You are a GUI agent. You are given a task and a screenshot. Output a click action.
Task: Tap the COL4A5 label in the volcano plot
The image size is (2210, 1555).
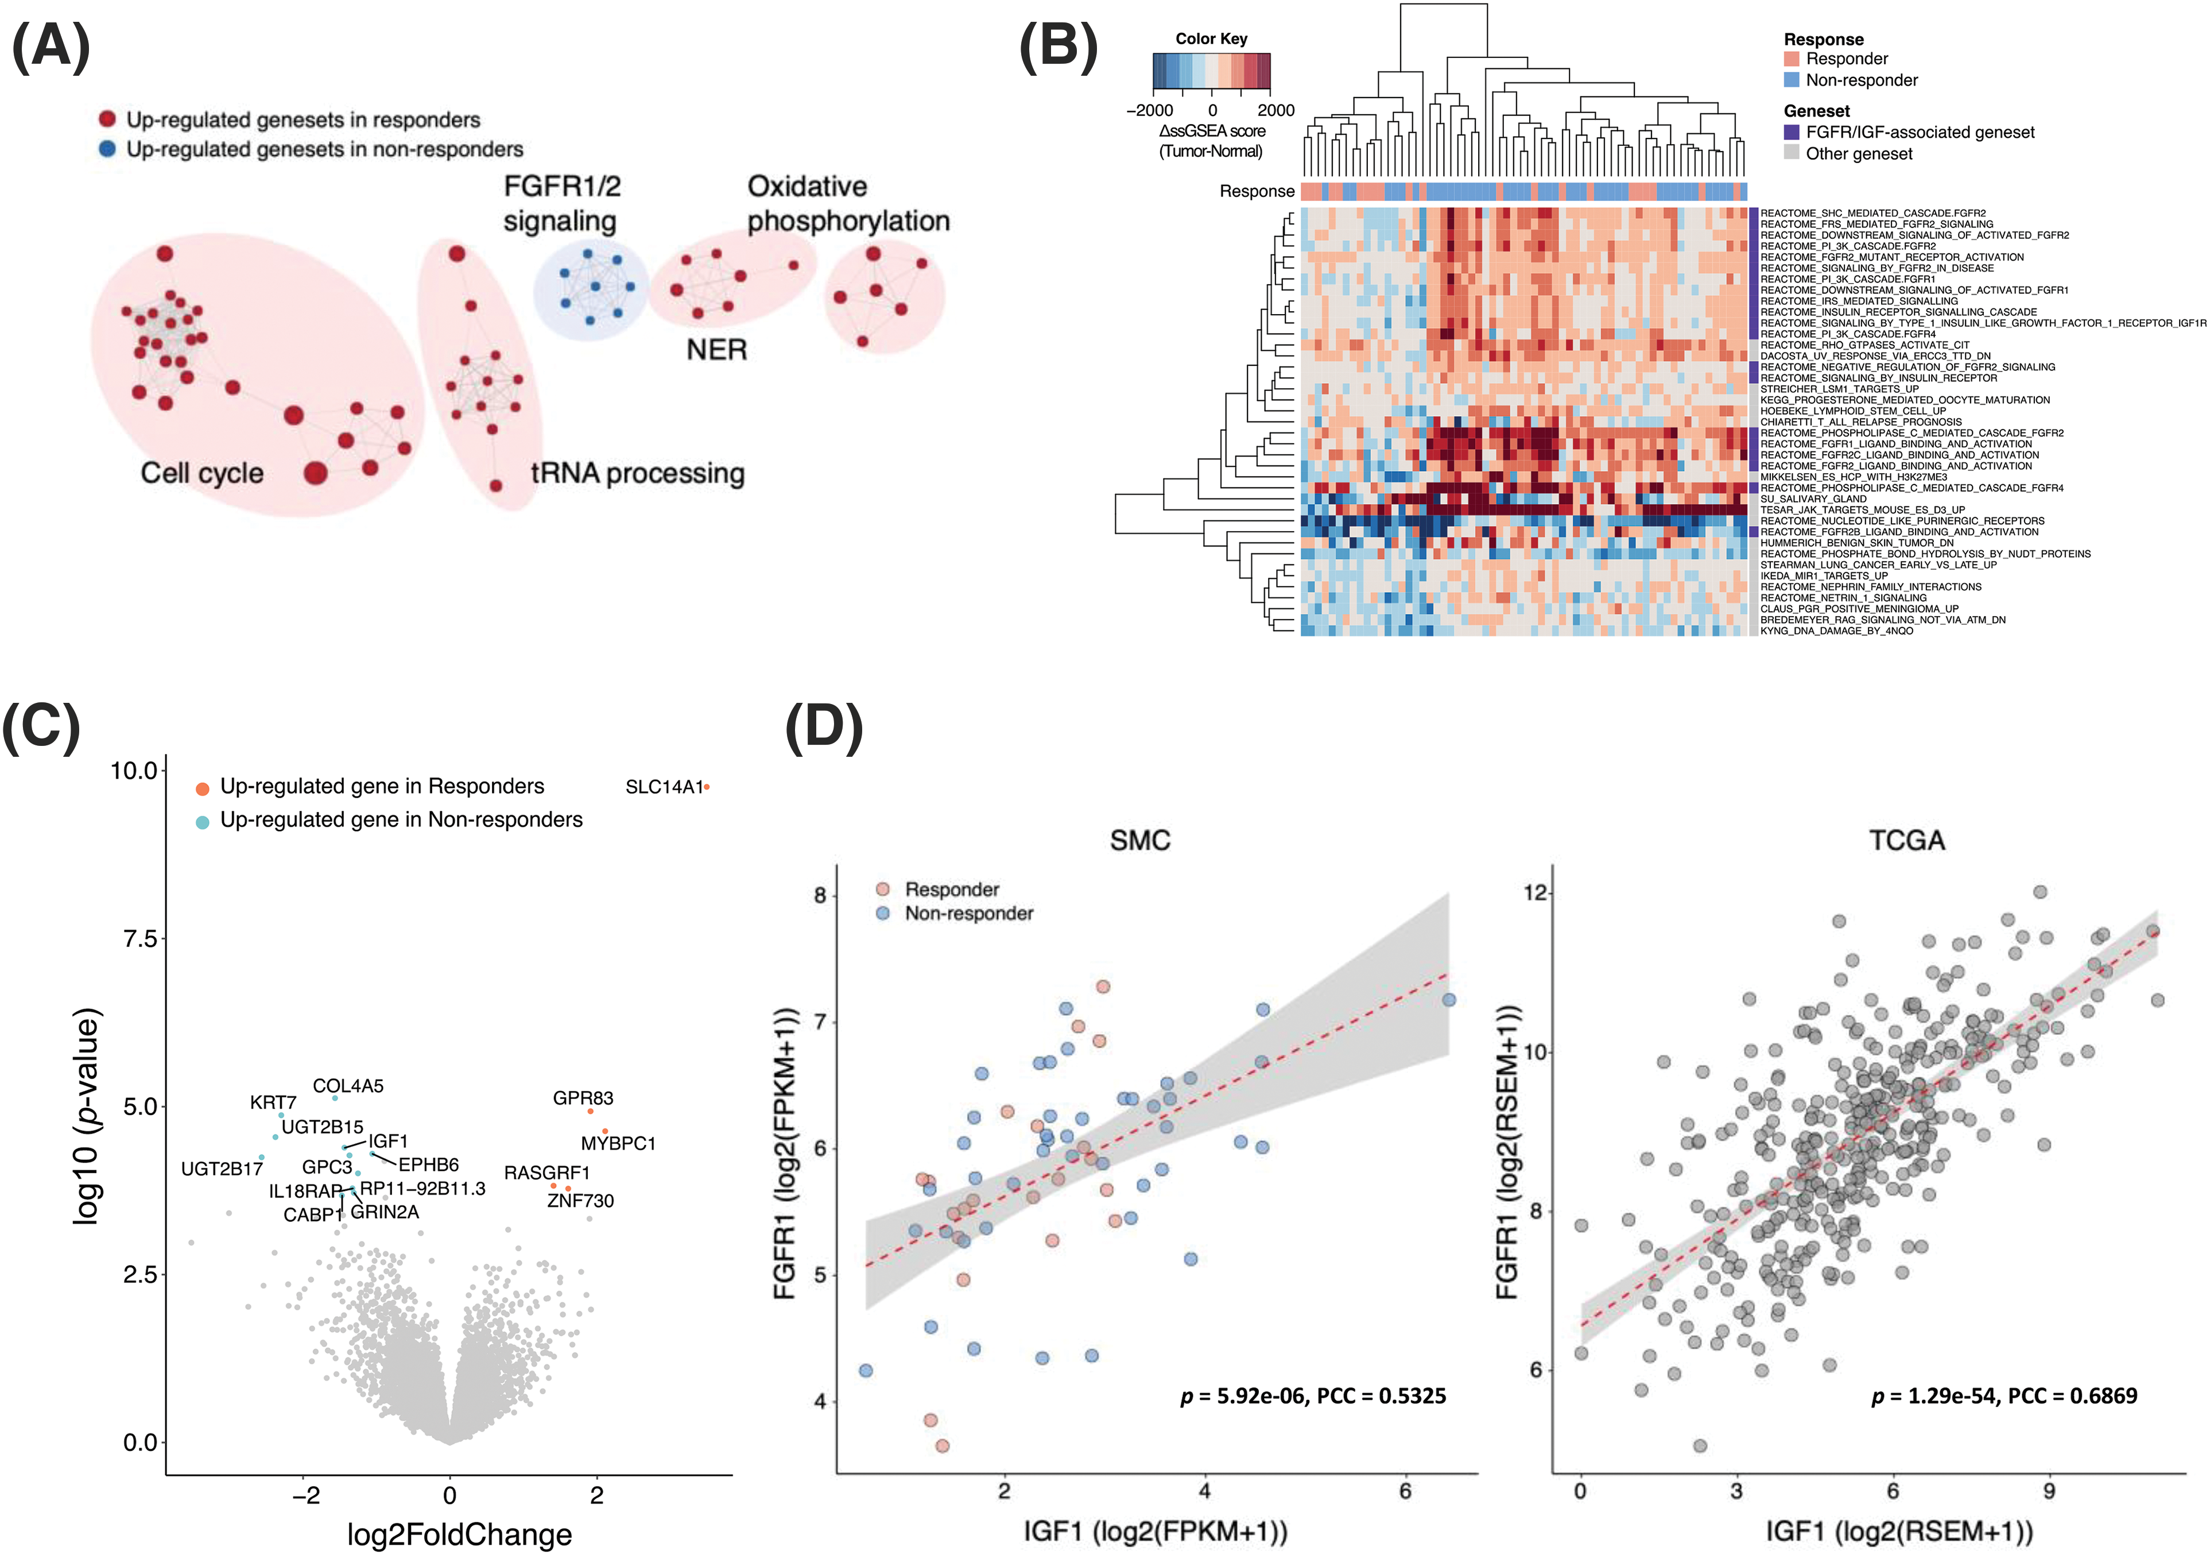click(x=347, y=1086)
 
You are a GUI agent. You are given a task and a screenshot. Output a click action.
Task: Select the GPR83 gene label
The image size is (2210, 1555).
click(x=582, y=1098)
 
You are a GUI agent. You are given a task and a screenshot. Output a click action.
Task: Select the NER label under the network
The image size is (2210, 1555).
click(x=716, y=350)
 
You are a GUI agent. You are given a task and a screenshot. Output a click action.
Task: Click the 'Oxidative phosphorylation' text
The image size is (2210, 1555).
click(x=847, y=203)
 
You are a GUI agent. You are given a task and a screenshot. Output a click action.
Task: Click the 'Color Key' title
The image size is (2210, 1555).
click(x=1211, y=38)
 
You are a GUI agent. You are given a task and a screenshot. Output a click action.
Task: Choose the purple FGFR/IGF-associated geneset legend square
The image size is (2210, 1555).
click(x=1792, y=132)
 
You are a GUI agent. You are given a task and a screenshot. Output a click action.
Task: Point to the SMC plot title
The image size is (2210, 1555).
click(x=1139, y=841)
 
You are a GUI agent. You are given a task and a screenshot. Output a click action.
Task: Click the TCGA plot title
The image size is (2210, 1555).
click(x=1907, y=841)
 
